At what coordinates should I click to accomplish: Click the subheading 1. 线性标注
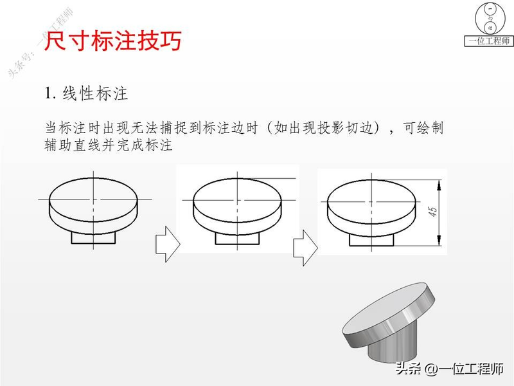[x=87, y=94]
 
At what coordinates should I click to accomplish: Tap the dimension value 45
[x=433, y=213]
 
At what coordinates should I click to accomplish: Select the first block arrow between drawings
[x=166, y=243]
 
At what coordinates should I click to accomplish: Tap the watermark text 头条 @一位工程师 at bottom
[x=450, y=369]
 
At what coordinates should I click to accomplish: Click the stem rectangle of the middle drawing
[x=237, y=239]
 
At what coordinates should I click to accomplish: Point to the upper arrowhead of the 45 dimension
[x=439, y=183]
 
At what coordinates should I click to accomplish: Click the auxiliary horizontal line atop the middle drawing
[x=273, y=178]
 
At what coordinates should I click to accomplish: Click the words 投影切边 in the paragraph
[x=347, y=128]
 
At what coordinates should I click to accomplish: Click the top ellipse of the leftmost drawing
[x=94, y=193]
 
